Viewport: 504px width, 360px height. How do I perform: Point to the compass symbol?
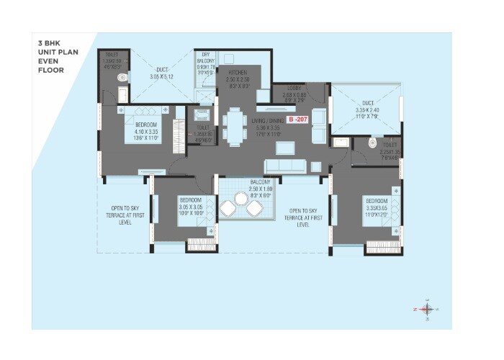[x=426, y=307]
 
